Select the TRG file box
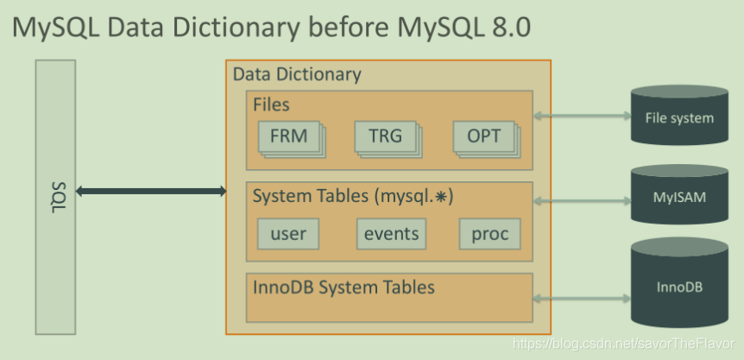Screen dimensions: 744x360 (x=384, y=136)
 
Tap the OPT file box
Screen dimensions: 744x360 (x=483, y=136)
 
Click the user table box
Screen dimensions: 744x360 (x=287, y=233)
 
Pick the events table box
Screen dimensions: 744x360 (x=391, y=233)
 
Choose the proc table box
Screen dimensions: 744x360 (x=490, y=233)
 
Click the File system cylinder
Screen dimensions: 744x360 (x=679, y=117)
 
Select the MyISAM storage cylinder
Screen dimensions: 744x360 (x=679, y=197)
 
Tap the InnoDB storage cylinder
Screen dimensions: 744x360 (x=679, y=283)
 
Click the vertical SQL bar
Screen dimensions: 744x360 (x=55, y=196)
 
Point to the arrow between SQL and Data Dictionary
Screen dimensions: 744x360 (x=151, y=191)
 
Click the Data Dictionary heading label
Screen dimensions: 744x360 (x=297, y=74)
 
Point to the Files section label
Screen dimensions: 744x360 (x=271, y=104)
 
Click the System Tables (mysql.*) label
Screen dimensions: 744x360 (x=353, y=197)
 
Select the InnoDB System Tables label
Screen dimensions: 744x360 (x=343, y=286)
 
